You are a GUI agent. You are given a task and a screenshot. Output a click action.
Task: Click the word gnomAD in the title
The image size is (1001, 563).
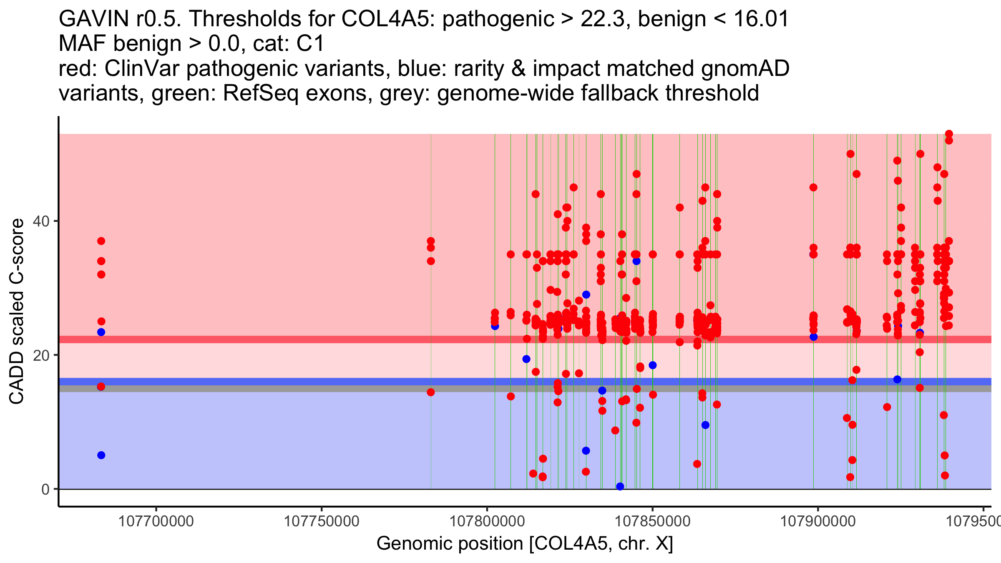tap(745, 68)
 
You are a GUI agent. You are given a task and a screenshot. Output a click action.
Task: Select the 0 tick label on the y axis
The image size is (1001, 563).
tap(45, 489)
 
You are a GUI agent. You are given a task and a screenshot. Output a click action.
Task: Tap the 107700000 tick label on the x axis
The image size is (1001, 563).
tap(156, 521)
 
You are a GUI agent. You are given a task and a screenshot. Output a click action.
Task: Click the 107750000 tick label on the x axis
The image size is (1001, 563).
tap(322, 521)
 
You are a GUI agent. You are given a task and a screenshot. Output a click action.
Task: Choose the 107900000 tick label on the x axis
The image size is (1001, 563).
tap(818, 521)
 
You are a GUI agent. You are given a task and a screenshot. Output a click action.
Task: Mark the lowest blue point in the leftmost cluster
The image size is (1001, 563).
tap(101, 455)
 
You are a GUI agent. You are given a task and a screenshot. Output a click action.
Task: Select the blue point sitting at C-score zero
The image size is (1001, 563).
tap(620, 486)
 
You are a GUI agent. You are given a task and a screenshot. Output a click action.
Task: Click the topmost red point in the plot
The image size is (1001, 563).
tap(949, 134)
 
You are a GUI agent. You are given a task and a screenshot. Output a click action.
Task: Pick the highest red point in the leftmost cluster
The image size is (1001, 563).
tap(101, 241)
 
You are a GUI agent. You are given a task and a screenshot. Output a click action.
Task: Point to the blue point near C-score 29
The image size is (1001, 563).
tap(586, 295)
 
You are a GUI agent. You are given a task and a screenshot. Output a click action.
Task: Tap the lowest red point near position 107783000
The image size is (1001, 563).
tap(431, 392)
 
